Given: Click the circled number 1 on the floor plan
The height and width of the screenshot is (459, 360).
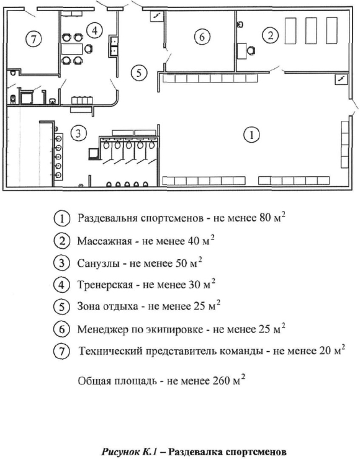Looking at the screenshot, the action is point(251,135).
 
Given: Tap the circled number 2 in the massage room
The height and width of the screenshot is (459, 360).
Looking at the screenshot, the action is point(271,35).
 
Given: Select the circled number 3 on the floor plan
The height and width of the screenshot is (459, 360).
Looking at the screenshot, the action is point(78,133).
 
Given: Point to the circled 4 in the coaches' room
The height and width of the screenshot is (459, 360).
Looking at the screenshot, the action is point(94,30).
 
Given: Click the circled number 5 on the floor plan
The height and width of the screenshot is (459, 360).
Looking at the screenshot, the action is point(139,73).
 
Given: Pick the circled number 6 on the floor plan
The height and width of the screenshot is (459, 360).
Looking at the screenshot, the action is point(202,37).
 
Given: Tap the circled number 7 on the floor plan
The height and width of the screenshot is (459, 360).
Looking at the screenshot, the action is point(34,38).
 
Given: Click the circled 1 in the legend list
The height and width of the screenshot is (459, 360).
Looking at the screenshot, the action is point(61,219).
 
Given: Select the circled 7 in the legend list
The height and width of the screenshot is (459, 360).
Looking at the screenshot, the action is point(61,350).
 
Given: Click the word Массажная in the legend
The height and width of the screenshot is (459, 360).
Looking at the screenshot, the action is point(104,241).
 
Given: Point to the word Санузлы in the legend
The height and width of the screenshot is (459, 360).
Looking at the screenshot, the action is point(98,264).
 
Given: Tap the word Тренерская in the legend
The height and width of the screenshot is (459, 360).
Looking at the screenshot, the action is point(105,285).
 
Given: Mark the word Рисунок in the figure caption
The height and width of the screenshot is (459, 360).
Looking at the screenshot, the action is point(120,452).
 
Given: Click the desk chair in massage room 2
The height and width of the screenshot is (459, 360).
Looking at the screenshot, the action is point(251,51).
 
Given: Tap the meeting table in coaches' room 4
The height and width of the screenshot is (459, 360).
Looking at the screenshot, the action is point(72,48).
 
